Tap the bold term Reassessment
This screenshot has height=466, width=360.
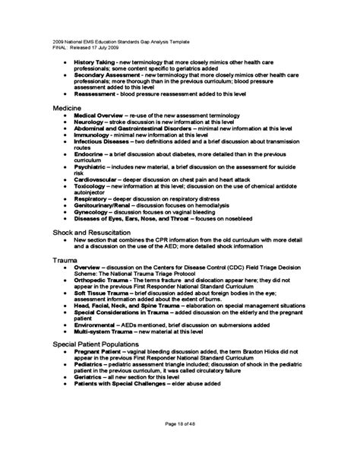96,97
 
